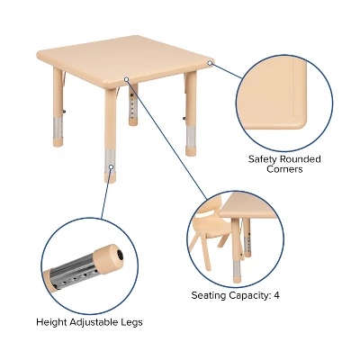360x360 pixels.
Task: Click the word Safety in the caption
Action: tap(261, 158)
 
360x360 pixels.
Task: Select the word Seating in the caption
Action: tap(210, 294)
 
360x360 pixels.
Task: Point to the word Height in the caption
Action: tap(52, 321)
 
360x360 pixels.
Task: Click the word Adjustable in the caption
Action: tap(96, 321)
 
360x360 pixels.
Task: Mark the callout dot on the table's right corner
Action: tap(210, 63)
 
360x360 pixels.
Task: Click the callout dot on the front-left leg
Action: tap(111, 166)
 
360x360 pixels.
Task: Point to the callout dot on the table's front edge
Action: tap(128, 79)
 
